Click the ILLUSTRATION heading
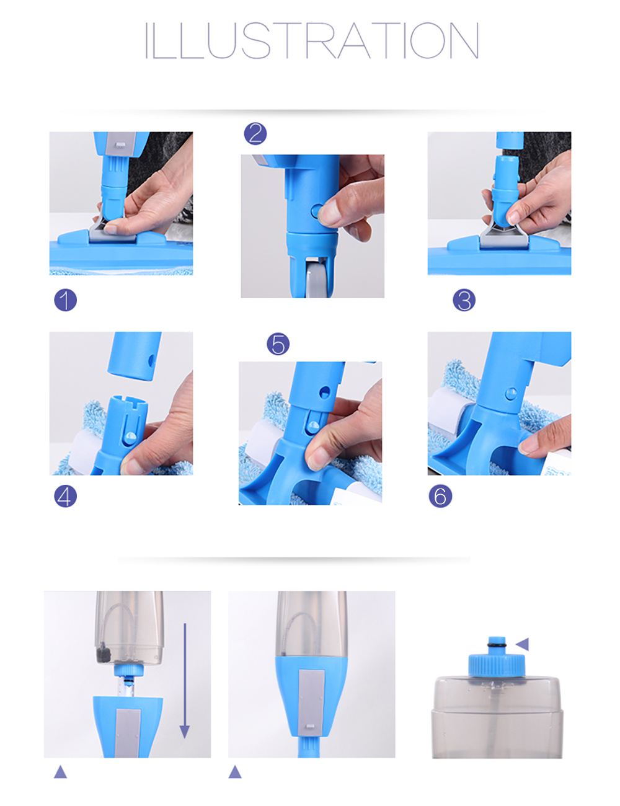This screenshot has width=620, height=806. tap(311, 40)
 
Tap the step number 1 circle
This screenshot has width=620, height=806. tap(65, 300)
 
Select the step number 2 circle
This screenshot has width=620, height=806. tap(255, 133)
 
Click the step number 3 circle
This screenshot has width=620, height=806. tap(464, 300)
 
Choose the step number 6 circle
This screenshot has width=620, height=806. tap(440, 496)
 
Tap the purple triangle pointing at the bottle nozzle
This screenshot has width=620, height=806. tap(523, 644)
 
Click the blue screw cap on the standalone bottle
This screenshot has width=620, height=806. tap(497, 664)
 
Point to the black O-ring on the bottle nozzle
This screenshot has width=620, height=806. tap(497, 646)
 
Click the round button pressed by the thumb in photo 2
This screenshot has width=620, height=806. tap(316, 211)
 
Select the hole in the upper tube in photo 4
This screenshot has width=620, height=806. tap(151, 360)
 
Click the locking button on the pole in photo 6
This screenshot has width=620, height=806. tap(511, 393)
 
